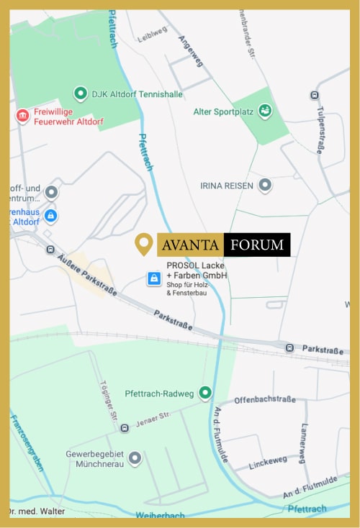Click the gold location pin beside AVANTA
[144, 244]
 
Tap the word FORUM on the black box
[257, 245]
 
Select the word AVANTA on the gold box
[191, 245]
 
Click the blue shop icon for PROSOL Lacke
[153, 278]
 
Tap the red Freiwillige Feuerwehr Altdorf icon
[23, 115]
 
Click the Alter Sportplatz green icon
[265, 111]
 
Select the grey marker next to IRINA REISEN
[265, 186]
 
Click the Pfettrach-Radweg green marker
[205, 393]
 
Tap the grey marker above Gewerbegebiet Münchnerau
[134, 458]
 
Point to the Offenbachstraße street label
[265, 400]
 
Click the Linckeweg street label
[268, 460]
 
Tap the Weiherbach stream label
[160, 515]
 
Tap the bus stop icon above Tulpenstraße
[314, 95]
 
